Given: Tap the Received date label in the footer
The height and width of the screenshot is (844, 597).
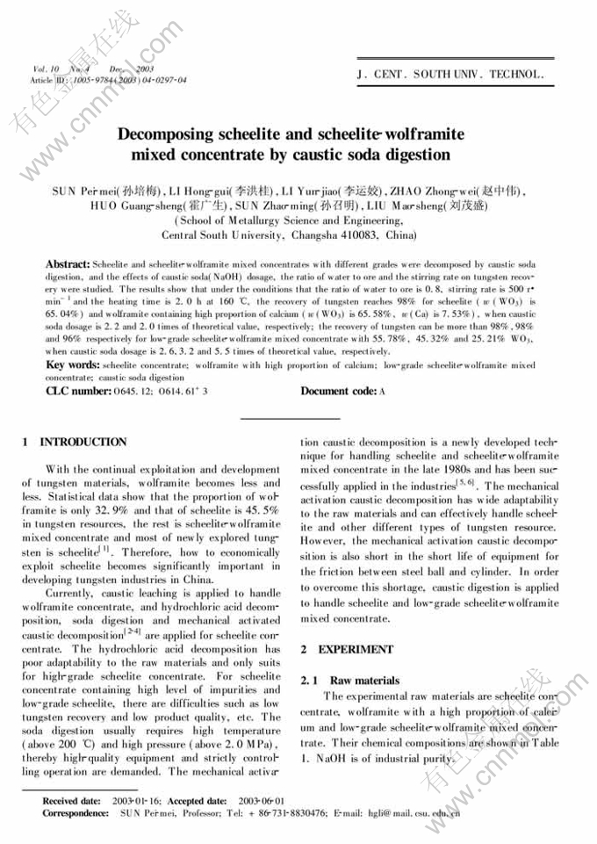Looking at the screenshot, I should click(x=71, y=801).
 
